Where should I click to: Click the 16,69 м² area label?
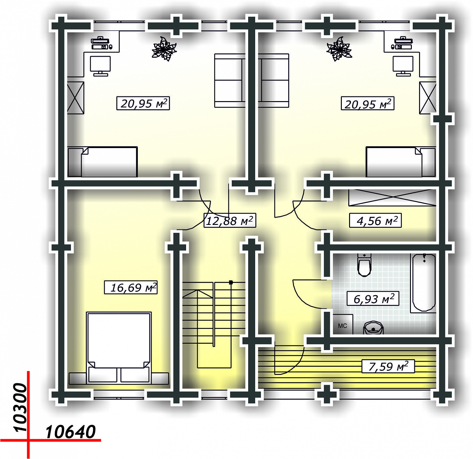pos(131,287)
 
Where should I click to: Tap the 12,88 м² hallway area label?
pos(230,221)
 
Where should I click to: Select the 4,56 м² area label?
pos(375,221)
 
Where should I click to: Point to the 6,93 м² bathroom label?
pos(373,299)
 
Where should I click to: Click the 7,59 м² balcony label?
pos(388,366)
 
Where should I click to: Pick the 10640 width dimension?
pos(70,432)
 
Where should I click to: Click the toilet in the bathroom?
pos(364,265)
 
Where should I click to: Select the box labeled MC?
pos(343,324)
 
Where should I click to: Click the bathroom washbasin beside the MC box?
pos(373,328)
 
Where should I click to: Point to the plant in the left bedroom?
pos(164,49)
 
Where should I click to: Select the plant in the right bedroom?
pos(339,49)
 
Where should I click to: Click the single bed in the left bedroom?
pos(102,162)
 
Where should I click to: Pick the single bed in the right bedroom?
pos(401,162)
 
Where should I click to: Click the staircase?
pos(214,324)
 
